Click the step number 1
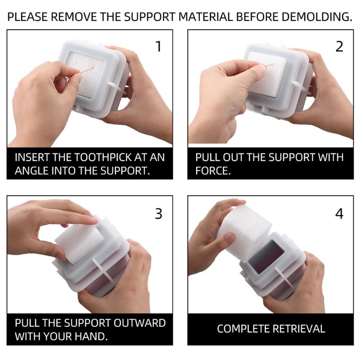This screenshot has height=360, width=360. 158,46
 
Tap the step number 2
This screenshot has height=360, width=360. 339,46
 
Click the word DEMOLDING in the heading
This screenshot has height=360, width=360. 317,17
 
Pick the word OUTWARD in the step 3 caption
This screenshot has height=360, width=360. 139,323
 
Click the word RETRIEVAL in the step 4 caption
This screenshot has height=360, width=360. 299,329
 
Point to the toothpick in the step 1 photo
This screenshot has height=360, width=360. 87,70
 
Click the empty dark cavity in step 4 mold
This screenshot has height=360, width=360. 264,256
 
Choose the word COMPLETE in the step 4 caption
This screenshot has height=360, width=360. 243,329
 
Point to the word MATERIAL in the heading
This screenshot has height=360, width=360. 206,17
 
